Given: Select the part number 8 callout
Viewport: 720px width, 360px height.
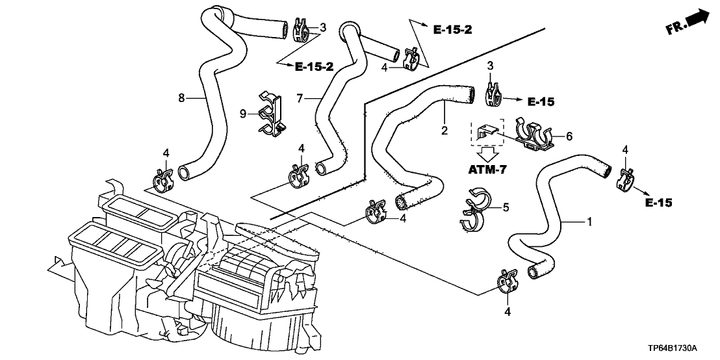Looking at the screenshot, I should tap(182, 98).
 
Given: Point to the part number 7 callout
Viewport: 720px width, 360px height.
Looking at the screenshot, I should tap(300, 98).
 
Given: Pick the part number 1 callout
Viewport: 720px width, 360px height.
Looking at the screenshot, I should tap(589, 222).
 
